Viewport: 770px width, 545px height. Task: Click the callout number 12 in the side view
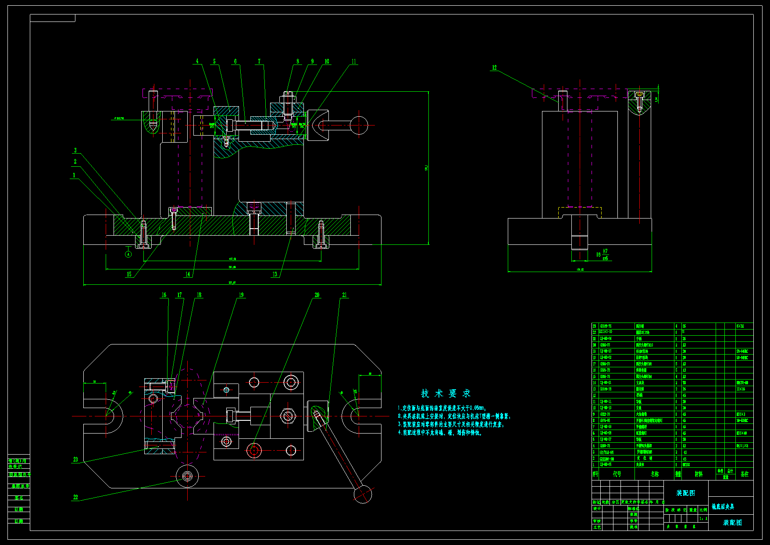494,68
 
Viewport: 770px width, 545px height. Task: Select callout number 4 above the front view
197,61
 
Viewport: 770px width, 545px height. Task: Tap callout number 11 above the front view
354,61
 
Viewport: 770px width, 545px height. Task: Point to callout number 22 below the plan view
75,497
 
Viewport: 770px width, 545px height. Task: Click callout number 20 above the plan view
317,295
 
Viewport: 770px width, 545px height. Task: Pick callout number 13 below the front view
275,274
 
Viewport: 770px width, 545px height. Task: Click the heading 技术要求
446,393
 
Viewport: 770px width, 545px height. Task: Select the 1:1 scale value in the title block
703,519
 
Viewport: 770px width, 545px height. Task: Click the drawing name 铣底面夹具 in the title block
723,507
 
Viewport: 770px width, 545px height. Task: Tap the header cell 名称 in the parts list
655,474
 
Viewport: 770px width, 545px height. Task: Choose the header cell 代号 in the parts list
617,474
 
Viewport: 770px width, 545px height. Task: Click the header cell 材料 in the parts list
699,474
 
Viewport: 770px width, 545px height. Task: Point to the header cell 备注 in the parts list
745,474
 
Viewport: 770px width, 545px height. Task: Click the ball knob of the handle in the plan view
363,495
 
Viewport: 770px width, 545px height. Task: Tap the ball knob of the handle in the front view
359,125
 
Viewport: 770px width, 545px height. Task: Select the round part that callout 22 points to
187,476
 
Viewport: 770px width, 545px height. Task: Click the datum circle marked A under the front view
128,254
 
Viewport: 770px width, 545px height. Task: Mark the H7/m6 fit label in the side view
605,255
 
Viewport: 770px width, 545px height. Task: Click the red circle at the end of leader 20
254,450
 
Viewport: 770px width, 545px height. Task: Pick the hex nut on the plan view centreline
287,416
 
